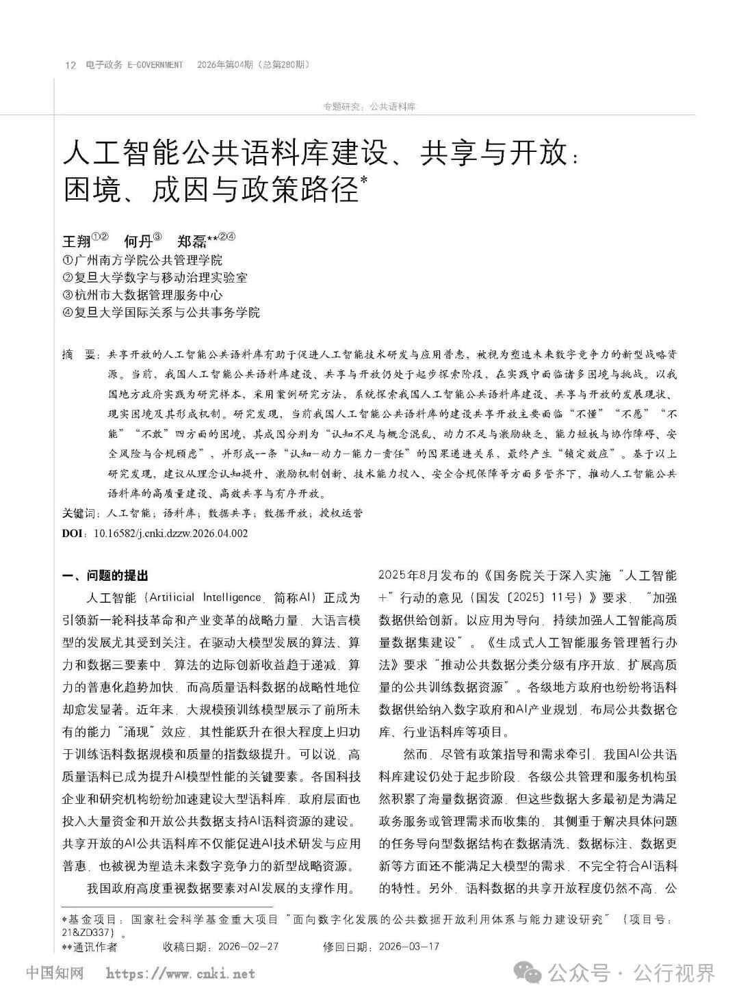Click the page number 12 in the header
69,65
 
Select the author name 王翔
77,242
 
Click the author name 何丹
137,242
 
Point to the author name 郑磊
188,242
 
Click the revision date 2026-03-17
409,947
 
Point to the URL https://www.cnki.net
181,973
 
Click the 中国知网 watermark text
54,972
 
